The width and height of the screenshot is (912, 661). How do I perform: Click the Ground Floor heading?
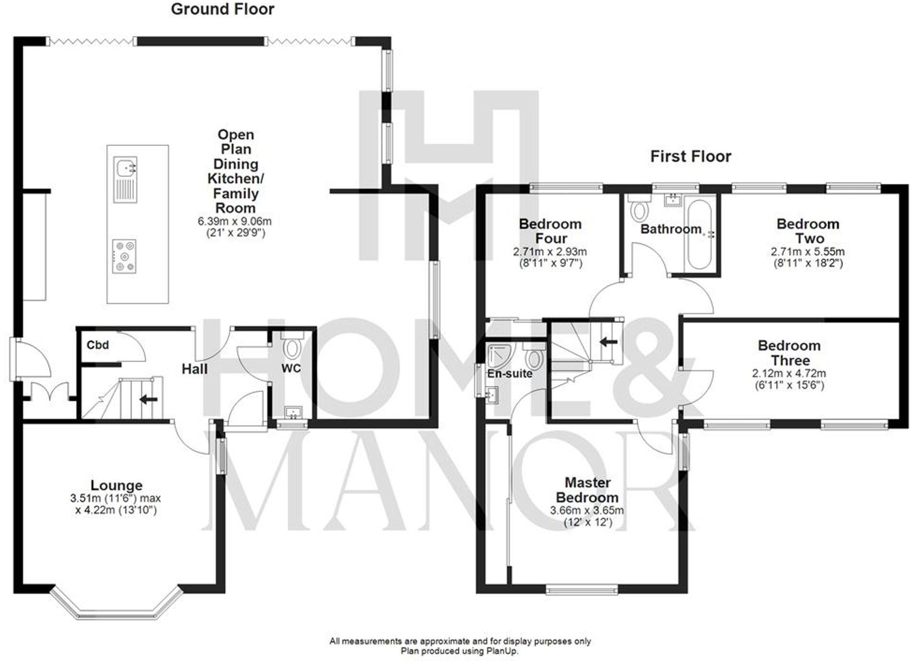(x=222, y=9)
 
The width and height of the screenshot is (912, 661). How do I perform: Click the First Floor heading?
(x=690, y=157)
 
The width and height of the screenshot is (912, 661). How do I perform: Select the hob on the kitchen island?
(x=124, y=257)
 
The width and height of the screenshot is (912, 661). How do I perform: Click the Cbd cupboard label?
(x=98, y=345)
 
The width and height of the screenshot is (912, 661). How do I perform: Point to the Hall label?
(x=194, y=369)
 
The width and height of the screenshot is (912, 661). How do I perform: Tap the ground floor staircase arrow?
(x=148, y=399)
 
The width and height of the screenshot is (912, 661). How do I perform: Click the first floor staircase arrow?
(x=608, y=342)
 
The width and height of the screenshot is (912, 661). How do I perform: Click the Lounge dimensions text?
(x=116, y=504)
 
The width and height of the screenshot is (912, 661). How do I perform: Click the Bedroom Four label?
(x=550, y=231)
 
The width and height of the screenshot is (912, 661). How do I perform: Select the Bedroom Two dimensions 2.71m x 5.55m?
(x=808, y=251)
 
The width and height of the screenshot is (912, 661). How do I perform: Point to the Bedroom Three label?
(x=789, y=353)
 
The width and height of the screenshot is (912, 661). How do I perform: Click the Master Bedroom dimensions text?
(x=587, y=516)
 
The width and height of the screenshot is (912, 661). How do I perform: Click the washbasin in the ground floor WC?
(x=292, y=412)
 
